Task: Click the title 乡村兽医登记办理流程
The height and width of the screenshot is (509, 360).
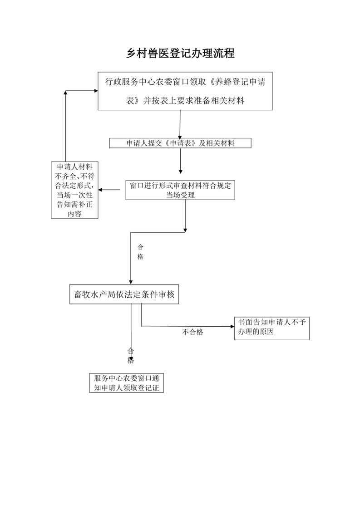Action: click(x=180, y=53)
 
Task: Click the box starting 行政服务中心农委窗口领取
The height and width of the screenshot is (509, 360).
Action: click(x=185, y=91)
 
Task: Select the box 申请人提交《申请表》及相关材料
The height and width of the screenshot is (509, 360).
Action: click(x=180, y=143)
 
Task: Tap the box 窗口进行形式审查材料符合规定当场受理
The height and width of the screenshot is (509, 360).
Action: click(x=180, y=190)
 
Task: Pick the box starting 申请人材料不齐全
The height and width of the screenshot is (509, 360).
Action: click(x=75, y=190)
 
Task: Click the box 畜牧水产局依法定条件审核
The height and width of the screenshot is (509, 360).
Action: click(x=124, y=294)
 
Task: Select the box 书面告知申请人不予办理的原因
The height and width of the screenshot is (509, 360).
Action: click(x=271, y=328)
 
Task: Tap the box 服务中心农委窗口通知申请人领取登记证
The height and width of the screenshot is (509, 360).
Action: click(x=126, y=383)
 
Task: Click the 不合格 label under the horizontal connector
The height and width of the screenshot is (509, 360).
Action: click(x=192, y=332)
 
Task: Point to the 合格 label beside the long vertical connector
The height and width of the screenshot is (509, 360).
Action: click(x=140, y=252)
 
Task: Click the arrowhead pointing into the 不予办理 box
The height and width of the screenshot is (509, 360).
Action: click(x=232, y=327)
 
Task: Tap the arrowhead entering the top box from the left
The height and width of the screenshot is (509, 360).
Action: click(x=96, y=91)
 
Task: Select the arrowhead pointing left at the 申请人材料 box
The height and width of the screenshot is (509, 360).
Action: click(x=100, y=190)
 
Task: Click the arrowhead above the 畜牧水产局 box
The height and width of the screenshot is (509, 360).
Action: click(x=131, y=283)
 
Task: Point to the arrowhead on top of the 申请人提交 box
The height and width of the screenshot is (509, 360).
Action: click(x=180, y=137)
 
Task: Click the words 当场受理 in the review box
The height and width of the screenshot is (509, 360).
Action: click(x=180, y=195)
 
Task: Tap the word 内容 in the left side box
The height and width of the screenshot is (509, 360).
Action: click(x=75, y=214)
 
